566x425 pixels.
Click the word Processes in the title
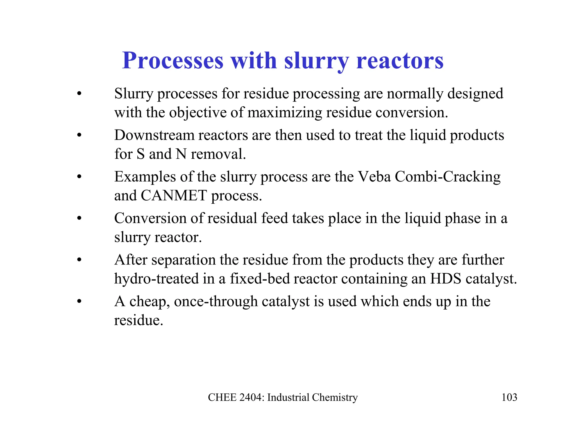[173, 61]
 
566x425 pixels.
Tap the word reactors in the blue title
[400, 61]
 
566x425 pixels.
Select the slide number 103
[509, 397]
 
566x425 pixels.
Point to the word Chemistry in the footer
[335, 397]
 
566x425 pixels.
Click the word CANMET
[174, 196]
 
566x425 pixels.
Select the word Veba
[374, 177]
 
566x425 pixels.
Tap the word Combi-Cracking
[447, 177]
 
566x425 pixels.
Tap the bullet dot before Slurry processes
[80, 94]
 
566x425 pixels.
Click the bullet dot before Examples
[80, 177]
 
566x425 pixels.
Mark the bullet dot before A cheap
[80, 301]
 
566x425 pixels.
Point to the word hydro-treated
[156, 279]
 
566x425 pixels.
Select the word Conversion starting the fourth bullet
[150, 218]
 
